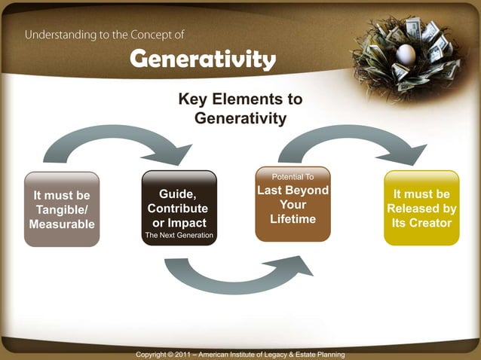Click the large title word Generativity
pyautogui.click(x=203, y=59)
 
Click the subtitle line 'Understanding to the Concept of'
pyautogui.click(x=105, y=35)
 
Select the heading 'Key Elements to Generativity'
pyautogui.click(x=240, y=108)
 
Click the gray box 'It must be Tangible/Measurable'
pyautogui.click(x=62, y=209)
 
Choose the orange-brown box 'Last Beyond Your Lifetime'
pyautogui.click(x=293, y=204)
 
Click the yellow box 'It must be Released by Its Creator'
pyautogui.click(x=421, y=209)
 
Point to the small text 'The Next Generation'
pyautogui.click(x=179, y=236)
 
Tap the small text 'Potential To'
pyautogui.click(x=293, y=176)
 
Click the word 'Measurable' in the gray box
pyautogui.click(x=62, y=224)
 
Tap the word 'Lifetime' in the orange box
pyautogui.click(x=293, y=219)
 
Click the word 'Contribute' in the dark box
pyautogui.click(x=178, y=209)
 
